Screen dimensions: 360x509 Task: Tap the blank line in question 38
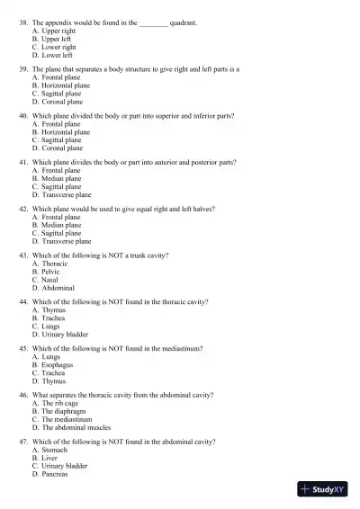pyautogui.click(x=154, y=18)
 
